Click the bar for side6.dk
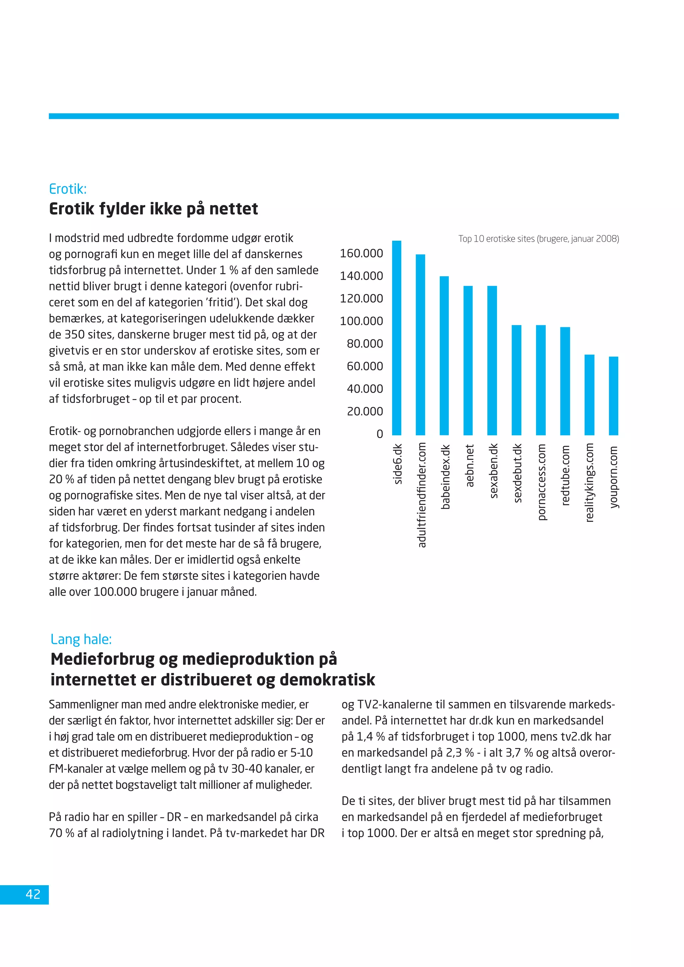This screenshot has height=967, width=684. point(397,338)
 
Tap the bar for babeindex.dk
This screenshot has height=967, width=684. point(444,356)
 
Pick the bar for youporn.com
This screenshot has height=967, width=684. point(614,396)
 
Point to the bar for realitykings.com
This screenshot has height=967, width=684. point(589,395)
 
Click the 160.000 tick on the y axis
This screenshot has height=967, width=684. point(361,253)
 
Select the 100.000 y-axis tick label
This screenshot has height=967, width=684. point(361,321)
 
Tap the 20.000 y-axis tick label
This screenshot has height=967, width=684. point(365,411)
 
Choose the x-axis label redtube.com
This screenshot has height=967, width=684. point(565,475)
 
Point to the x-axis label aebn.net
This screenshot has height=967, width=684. point(470,465)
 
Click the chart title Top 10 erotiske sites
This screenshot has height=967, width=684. point(538,239)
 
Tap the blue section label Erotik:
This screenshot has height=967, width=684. point(68,189)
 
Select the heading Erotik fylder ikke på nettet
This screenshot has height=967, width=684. point(153,209)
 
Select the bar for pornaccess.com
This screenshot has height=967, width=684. point(541,380)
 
